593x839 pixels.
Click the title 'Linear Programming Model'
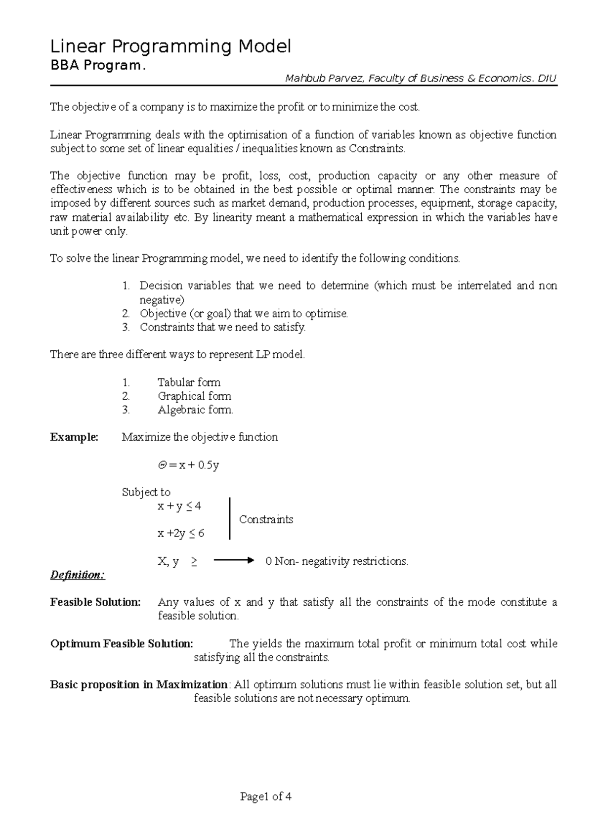click(170, 47)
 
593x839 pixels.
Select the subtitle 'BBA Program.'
click(98, 66)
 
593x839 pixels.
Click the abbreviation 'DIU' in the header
click(548, 79)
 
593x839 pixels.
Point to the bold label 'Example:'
click(74, 437)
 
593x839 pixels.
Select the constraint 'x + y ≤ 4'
click(179, 506)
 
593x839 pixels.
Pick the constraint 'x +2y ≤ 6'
click(181, 534)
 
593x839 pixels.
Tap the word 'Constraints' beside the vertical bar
click(266, 520)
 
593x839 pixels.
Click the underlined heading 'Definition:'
click(78, 575)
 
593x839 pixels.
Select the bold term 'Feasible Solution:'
click(95, 602)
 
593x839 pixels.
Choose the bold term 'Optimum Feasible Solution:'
click(122, 644)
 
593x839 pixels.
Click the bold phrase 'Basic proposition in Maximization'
click(139, 685)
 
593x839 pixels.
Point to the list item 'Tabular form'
click(189, 382)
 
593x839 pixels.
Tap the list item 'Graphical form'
click(194, 396)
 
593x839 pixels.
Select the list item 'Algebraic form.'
click(195, 410)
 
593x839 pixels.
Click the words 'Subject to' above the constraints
click(146, 492)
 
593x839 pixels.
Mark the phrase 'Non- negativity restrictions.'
click(341, 561)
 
